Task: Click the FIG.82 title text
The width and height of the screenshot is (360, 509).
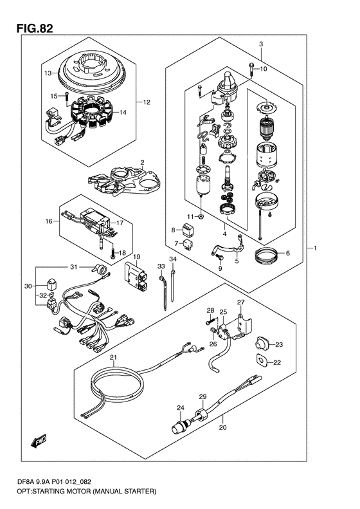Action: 34,28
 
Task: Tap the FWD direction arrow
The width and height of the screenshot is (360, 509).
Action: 39,441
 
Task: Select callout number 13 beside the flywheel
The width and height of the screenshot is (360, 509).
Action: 48,73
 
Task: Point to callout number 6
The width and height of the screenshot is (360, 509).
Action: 287,253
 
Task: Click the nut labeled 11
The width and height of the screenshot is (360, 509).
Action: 201,216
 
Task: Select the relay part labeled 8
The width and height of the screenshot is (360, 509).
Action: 189,230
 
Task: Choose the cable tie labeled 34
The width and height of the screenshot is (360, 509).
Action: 174,283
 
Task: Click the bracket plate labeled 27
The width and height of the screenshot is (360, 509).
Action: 243,326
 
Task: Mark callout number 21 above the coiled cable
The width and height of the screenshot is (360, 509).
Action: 113,358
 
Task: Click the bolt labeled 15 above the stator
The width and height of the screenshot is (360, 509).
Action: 66,96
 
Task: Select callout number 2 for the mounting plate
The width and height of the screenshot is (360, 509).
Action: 141,162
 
